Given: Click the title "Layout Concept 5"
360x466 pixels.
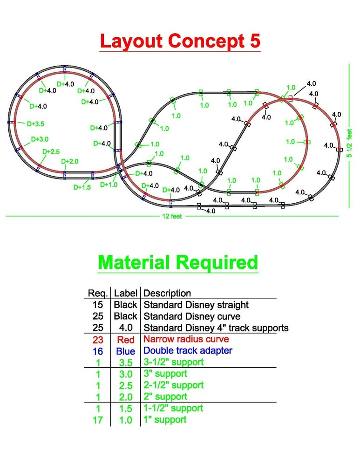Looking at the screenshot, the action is pyautogui.click(x=180, y=41).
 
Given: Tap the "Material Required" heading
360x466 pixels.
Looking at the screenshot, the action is pyautogui.click(x=178, y=262).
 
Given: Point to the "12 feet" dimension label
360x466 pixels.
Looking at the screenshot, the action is pyautogui.click(x=172, y=216).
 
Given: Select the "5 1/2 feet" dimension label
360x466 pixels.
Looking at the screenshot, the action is pyautogui.click(x=349, y=143).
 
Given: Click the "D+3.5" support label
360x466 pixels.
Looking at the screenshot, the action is pyautogui.click(x=36, y=124).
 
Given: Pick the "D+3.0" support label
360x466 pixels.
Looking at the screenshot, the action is pyautogui.click(x=40, y=139).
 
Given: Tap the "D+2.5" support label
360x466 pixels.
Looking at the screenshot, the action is pyautogui.click(x=51, y=152).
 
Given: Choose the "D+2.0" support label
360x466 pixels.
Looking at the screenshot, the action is pyautogui.click(x=70, y=161).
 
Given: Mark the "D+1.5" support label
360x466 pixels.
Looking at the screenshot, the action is pyautogui.click(x=82, y=187).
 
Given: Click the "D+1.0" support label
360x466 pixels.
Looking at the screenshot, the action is pyautogui.click(x=109, y=185).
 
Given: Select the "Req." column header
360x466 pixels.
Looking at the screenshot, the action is pyautogui.click(x=97, y=293).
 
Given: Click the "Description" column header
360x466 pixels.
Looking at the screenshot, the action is pyautogui.click(x=167, y=293).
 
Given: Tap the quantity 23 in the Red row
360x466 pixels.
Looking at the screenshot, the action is pyautogui.click(x=98, y=340).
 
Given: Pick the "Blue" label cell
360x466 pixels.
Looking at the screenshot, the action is pyautogui.click(x=125, y=351).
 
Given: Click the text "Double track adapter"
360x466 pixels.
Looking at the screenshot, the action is pyautogui.click(x=188, y=351).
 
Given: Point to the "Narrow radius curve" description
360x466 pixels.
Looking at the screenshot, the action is pyautogui.click(x=186, y=339).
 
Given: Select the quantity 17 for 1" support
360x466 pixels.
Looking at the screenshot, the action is pyautogui.click(x=98, y=420).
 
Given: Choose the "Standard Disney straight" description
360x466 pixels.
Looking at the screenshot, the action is pyautogui.click(x=196, y=305).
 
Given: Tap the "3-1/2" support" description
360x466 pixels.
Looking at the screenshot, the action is pyautogui.click(x=174, y=362).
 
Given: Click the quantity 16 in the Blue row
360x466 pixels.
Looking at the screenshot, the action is pyautogui.click(x=98, y=351).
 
